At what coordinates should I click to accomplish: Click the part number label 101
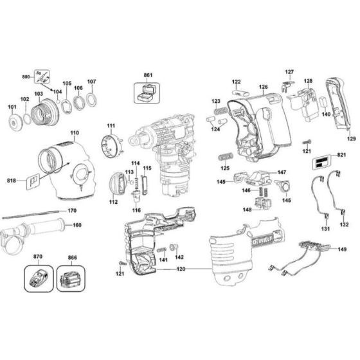(10, 107)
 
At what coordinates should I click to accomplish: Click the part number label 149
(342, 249)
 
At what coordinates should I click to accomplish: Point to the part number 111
(111, 125)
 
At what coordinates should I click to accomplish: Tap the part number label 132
(345, 225)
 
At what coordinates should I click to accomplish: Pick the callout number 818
(12, 182)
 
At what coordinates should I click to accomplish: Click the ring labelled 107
(91, 100)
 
